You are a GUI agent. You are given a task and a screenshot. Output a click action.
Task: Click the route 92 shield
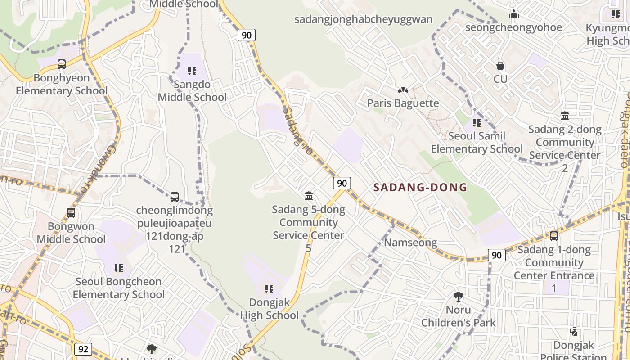[x=83, y=349]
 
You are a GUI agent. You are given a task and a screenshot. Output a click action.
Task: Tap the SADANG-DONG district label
[x=420, y=188]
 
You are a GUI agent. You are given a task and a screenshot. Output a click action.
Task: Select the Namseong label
[x=410, y=243]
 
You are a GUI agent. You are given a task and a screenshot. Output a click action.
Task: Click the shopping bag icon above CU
[x=500, y=66]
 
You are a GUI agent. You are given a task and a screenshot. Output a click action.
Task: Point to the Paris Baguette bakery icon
[x=403, y=90]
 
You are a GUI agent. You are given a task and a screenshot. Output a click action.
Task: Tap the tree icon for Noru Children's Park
[x=458, y=297]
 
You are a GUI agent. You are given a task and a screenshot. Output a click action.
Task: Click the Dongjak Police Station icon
[x=573, y=332]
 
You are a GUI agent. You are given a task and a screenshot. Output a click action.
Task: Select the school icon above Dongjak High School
[x=269, y=289]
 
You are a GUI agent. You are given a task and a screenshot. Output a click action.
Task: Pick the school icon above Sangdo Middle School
[x=192, y=71]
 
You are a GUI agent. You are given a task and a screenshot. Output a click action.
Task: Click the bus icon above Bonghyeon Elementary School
[x=62, y=64]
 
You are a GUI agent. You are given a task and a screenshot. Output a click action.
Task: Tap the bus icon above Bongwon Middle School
[x=71, y=212]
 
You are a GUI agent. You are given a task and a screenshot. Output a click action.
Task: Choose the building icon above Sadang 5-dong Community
[x=309, y=196]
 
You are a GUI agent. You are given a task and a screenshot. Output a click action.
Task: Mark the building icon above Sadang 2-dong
[x=565, y=116]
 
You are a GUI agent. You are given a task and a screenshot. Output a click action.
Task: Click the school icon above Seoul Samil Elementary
[x=477, y=122]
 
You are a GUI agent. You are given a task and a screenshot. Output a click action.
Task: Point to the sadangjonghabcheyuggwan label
[x=363, y=19]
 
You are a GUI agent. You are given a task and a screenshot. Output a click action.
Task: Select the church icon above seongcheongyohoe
[x=513, y=14]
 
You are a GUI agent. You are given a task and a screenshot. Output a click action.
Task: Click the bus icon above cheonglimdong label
[x=175, y=197]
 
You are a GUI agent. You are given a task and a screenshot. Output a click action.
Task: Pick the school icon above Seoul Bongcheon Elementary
[x=119, y=269]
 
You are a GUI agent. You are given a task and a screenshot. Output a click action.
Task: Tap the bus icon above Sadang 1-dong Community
[x=554, y=236]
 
